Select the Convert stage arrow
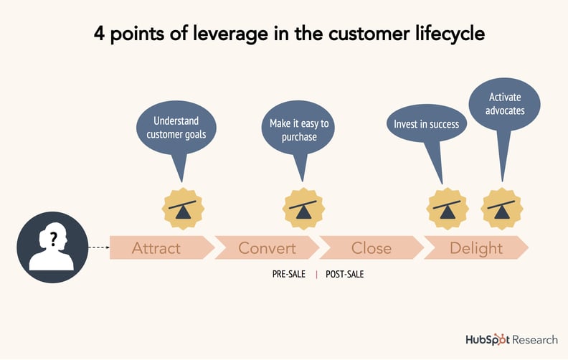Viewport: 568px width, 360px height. pos(267,248)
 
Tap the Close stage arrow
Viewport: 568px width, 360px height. pos(371,248)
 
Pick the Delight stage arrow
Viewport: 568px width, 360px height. pos(476,248)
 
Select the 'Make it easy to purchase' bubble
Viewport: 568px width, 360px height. pos(299,130)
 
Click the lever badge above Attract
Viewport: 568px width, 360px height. pos(183,209)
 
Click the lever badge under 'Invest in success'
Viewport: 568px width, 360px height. pos(448,209)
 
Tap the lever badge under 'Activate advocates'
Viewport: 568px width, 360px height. pos(501,209)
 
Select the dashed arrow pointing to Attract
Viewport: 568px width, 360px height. pos(98,247)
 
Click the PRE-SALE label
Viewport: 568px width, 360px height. pos(289,274)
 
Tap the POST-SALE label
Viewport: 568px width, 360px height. pos(344,274)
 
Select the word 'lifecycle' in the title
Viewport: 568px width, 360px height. pos(437,34)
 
